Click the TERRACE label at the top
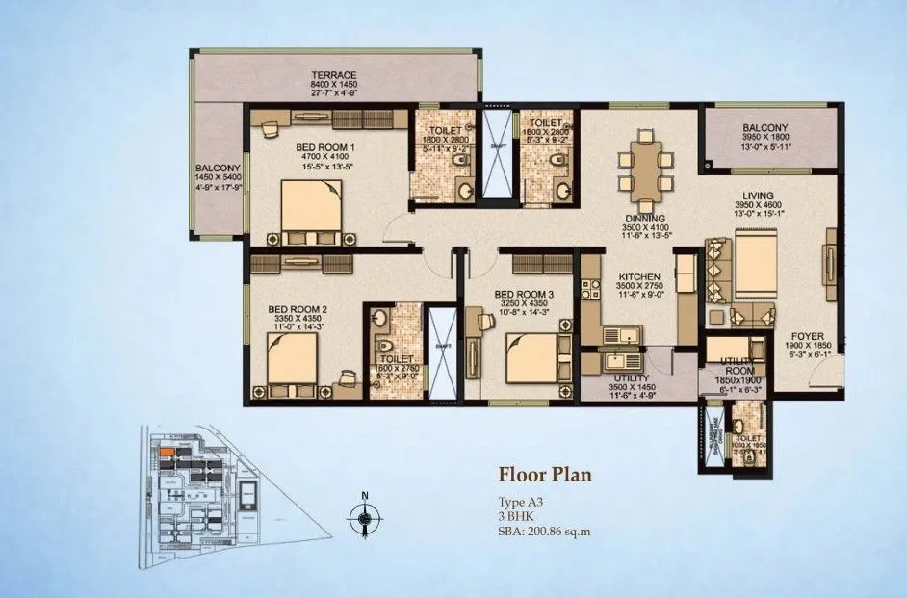click(x=333, y=75)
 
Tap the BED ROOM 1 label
click(x=325, y=147)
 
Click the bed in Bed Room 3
click(x=531, y=359)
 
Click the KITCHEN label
click(x=636, y=277)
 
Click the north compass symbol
click(x=364, y=520)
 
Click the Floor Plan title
click(x=544, y=474)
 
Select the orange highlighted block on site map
click(x=168, y=450)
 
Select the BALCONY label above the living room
click(x=765, y=128)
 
